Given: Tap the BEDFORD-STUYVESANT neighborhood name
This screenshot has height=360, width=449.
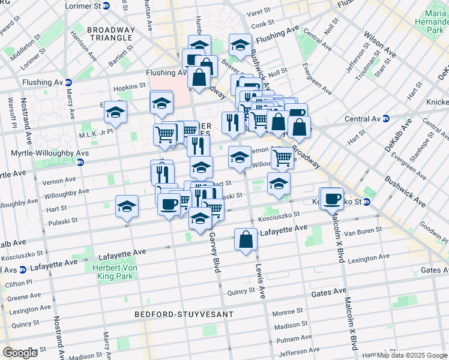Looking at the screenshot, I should coord(179,314).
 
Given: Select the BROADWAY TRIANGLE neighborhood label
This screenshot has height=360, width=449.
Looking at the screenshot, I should coord(110,34).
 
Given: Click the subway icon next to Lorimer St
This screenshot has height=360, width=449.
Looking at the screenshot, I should coord(107,5).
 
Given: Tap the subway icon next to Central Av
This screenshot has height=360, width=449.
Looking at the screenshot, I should coord(386,119).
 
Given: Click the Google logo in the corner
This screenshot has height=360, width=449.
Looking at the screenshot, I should coord(20,352).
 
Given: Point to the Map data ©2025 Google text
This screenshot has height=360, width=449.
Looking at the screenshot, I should coord(412,355).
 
